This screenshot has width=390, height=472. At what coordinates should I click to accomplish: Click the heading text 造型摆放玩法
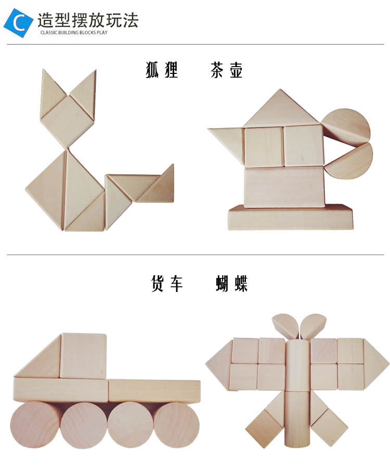point(87,20)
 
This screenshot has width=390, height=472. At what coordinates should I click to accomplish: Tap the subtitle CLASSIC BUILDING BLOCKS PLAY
point(74,32)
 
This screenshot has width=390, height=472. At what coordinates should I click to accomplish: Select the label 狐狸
point(162,70)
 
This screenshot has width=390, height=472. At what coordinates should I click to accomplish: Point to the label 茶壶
point(227,70)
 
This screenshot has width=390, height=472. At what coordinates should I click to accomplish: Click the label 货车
point(167,284)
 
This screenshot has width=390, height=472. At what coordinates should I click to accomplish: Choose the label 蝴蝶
point(232,284)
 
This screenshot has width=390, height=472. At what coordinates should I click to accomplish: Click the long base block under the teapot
point(290,218)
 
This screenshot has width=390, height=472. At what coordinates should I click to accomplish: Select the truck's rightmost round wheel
point(176,425)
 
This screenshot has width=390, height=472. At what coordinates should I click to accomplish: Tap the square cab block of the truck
point(83,356)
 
